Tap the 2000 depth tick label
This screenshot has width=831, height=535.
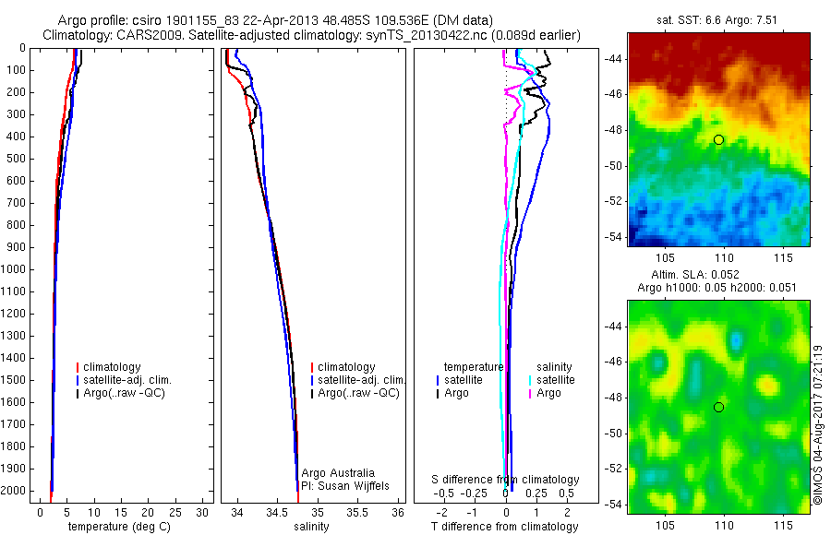(x=15, y=492)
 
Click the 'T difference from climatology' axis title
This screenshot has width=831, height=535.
(x=505, y=527)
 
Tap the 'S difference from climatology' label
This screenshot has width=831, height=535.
(x=506, y=480)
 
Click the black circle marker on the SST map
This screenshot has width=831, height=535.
(x=719, y=139)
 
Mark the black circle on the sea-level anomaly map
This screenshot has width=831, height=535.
(x=719, y=407)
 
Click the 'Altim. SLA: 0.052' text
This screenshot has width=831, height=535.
(x=720, y=276)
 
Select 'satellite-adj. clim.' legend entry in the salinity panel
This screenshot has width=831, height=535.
(x=362, y=380)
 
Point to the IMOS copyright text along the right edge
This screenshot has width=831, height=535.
(x=818, y=420)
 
